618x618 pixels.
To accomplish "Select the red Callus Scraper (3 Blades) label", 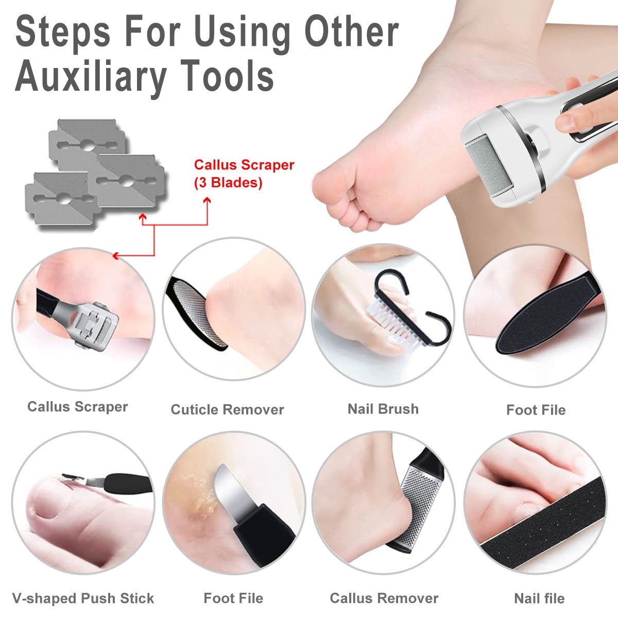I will click(x=244, y=174).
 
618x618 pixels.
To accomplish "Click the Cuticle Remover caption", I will click(x=227, y=409).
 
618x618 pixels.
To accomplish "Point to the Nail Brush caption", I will click(x=383, y=409).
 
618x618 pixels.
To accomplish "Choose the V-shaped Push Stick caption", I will click(x=83, y=598).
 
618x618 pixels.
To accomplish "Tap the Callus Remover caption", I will click(x=384, y=598).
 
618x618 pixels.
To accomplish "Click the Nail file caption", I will click(x=539, y=598).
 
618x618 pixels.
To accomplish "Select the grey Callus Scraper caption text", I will click(x=77, y=406).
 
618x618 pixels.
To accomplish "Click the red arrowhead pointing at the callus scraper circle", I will click(x=115, y=255).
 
